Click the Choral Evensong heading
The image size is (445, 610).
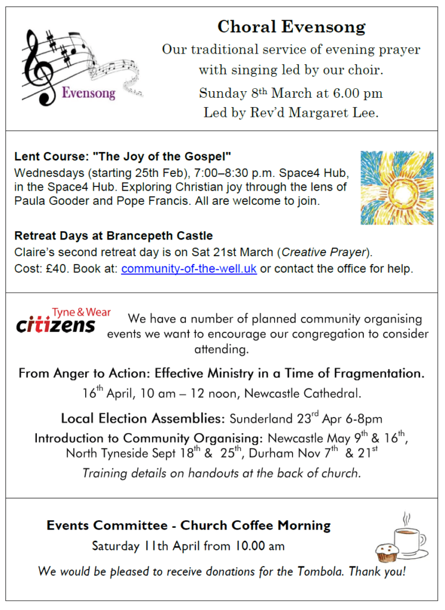[x=291, y=27]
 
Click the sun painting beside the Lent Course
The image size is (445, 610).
[x=396, y=188]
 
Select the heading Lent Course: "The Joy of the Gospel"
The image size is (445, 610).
[x=122, y=158]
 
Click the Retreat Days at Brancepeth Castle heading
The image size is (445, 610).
[x=113, y=235]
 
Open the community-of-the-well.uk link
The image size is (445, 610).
[x=189, y=269]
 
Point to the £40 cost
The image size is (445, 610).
[x=51, y=269]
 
